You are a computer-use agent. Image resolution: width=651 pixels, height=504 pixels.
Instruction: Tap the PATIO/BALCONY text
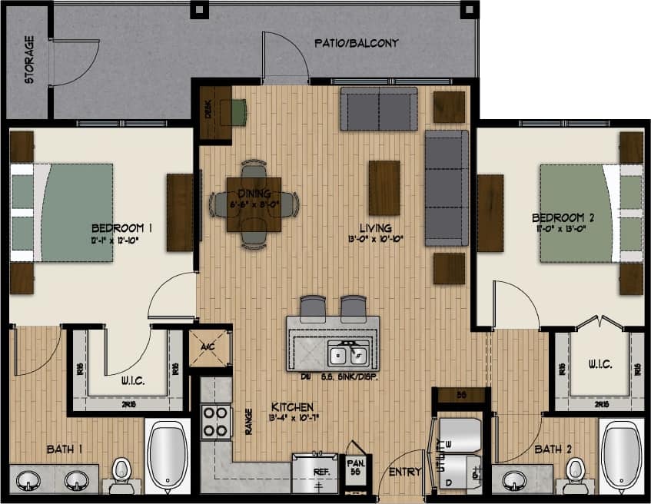[356, 43]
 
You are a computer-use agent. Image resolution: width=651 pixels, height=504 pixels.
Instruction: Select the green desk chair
[238, 112]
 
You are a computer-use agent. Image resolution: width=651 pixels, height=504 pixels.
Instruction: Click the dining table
[254, 204]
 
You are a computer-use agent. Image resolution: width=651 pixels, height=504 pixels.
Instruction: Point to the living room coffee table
[384, 187]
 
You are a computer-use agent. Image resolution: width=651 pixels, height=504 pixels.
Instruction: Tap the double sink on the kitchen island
[347, 355]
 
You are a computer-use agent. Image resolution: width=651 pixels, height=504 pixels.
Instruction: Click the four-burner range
[216, 421]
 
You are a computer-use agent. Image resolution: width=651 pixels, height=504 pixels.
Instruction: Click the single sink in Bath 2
[514, 480]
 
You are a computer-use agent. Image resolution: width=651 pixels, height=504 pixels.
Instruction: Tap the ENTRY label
[405, 472]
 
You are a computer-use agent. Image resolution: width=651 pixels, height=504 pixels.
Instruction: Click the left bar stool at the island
[313, 308]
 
